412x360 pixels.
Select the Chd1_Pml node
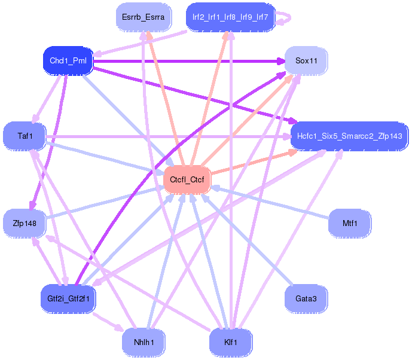click(66, 60)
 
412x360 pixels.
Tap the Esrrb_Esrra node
click(143, 17)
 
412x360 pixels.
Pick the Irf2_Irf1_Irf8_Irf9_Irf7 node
click(230, 17)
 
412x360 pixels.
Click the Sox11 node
click(306, 60)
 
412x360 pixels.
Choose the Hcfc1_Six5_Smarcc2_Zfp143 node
click(349, 136)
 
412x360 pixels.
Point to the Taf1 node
click(25, 136)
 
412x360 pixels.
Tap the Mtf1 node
click(350, 223)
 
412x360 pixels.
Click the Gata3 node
click(306, 298)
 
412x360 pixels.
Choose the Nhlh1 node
click(143, 342)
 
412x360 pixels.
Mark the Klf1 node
click(230, 342)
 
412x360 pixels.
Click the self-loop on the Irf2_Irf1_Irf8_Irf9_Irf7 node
click(285, 17)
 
